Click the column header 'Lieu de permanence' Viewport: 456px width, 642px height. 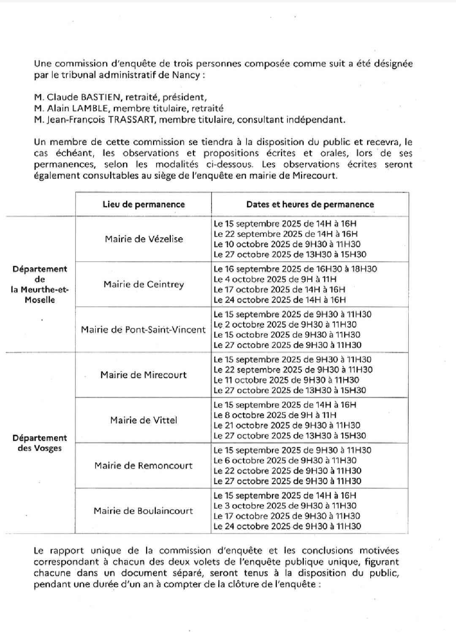pyautogui.click(x=144, y=205)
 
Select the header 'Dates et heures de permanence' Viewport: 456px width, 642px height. pyautogui.click(x=310, y=205)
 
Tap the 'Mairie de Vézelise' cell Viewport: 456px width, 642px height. pyautogui.click(x=144, y=239)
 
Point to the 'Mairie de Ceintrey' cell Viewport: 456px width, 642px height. pyautogui.click(x=144, y=284)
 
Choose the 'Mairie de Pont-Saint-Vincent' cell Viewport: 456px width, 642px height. pyautogui.click(x=143, y=330)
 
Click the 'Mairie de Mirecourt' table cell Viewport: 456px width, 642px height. pyautogui.click(x=144, y=375)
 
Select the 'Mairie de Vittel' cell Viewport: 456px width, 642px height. pyautogui.click(x=144, y=420)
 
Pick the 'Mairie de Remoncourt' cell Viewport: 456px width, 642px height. pyautogui.click(x=144, y=466)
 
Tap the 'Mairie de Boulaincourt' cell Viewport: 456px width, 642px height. pyautogui.click(x=144, y=511)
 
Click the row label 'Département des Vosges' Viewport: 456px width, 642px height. pyautogui.click(x=40, y=443)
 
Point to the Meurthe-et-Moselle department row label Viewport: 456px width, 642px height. pyautogui.click(x=40, y=284)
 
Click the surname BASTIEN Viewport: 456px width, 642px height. pyautogui.click(x=103, y=97)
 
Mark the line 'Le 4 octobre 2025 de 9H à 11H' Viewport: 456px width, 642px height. pyautogui.click(x=275, y=279)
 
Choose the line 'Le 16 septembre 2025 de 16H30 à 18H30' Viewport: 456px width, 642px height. pyautogui.click(x=295, y=269)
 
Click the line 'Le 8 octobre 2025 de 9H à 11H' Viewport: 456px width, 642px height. pyautogui.click(x=275, y=415)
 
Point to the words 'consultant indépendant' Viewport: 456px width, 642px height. pyautogui.click(x=291, y=120)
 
